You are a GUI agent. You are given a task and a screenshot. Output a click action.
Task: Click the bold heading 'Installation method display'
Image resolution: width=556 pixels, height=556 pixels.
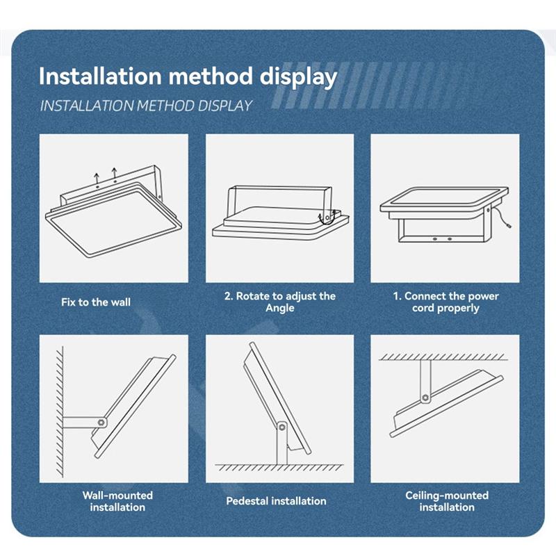188,76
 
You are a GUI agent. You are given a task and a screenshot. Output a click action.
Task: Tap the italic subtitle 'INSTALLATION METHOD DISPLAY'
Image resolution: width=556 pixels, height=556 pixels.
146,106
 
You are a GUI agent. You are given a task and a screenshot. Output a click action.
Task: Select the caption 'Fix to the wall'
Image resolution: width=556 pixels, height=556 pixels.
96,302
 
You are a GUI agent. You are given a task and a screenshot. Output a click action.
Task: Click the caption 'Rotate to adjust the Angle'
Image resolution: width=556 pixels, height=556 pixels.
280,302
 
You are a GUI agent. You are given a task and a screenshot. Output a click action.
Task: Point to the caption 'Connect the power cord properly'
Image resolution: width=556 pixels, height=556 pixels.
445,302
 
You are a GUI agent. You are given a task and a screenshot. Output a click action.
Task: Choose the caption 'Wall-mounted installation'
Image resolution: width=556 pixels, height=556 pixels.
117,501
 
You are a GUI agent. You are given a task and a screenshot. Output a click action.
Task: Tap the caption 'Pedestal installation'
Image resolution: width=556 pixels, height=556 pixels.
276,500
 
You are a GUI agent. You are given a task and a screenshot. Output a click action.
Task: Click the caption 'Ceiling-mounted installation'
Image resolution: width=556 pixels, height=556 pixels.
447,501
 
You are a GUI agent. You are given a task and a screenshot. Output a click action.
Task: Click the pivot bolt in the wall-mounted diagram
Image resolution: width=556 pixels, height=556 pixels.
101,423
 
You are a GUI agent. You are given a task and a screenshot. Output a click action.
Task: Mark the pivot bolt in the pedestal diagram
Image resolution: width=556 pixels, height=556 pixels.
282,427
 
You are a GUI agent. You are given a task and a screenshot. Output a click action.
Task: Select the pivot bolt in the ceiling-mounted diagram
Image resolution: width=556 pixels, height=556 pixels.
425,398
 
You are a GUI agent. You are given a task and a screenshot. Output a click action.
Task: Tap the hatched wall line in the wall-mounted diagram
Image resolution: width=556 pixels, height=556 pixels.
60,411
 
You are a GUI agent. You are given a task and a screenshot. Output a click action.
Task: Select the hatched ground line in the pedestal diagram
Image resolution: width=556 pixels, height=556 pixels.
279,467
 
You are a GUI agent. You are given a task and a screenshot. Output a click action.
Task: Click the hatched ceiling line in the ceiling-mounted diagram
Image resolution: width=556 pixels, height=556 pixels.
443,357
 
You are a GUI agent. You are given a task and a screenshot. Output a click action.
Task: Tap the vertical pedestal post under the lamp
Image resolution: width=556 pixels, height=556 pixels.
282,443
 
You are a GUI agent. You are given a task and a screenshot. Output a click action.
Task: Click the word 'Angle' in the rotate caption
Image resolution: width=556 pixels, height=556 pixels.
280,308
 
